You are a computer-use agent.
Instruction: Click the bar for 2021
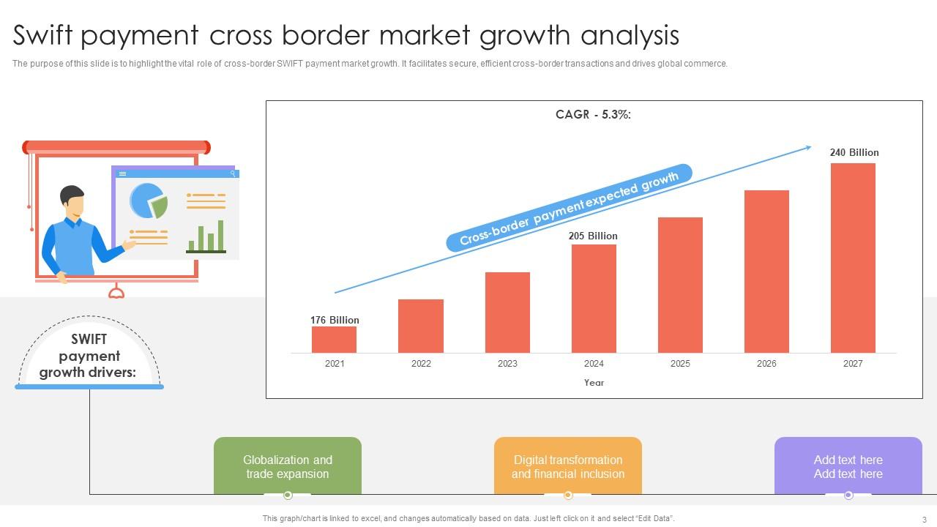point(334,340)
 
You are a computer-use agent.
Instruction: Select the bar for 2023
point(507,313)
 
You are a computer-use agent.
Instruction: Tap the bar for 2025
point(680,285)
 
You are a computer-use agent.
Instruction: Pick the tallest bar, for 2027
point(853,258)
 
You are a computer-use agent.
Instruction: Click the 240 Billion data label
point(854,153)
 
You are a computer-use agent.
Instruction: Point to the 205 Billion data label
point(593,236)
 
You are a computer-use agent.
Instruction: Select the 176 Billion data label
point(335,320)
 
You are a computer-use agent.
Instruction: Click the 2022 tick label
point(421,364)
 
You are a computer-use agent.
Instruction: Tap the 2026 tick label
point(766,364)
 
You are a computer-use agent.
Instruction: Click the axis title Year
point(594,383)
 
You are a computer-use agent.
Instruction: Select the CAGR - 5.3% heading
point(593,115)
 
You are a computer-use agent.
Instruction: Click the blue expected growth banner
point(569,208)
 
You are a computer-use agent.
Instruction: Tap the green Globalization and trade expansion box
point(288,466)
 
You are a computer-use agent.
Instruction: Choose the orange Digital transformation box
point(567,466)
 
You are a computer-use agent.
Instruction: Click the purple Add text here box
point(848,466)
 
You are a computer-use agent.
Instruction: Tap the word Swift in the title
point(42,34)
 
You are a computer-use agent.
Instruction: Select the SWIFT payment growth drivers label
point(89,356)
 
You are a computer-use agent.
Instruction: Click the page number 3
point(925,520)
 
